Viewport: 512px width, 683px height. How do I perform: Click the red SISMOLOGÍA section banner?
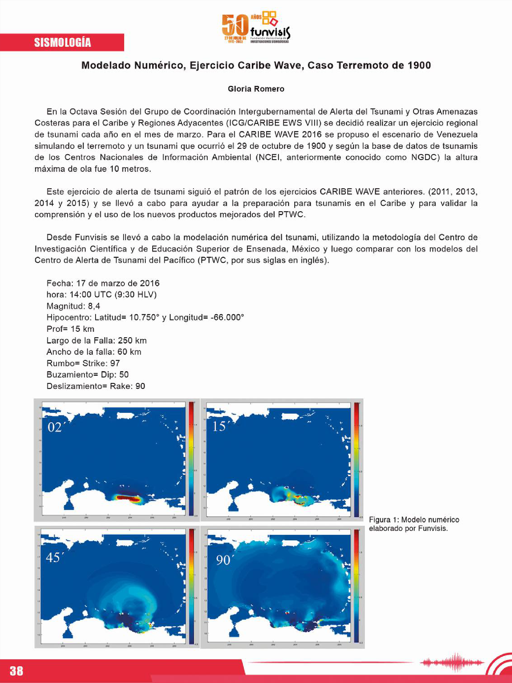62,42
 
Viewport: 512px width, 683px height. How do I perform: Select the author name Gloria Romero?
256,89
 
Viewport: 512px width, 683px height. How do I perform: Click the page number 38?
16,671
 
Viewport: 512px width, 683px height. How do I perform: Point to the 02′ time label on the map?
55,427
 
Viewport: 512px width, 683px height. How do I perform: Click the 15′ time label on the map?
219,427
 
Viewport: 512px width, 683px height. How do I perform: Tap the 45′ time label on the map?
53,558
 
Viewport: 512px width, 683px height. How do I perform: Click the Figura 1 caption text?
413,524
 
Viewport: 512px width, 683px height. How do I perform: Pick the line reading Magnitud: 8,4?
73,306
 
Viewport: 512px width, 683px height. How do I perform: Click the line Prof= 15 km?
71,329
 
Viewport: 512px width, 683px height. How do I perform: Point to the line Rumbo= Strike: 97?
83,363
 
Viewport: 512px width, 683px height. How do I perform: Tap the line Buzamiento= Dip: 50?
87,374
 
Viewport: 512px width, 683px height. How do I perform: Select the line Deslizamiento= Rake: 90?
96,386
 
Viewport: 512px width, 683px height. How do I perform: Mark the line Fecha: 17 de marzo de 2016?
103,283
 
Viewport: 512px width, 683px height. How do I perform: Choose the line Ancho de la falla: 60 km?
94,352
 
